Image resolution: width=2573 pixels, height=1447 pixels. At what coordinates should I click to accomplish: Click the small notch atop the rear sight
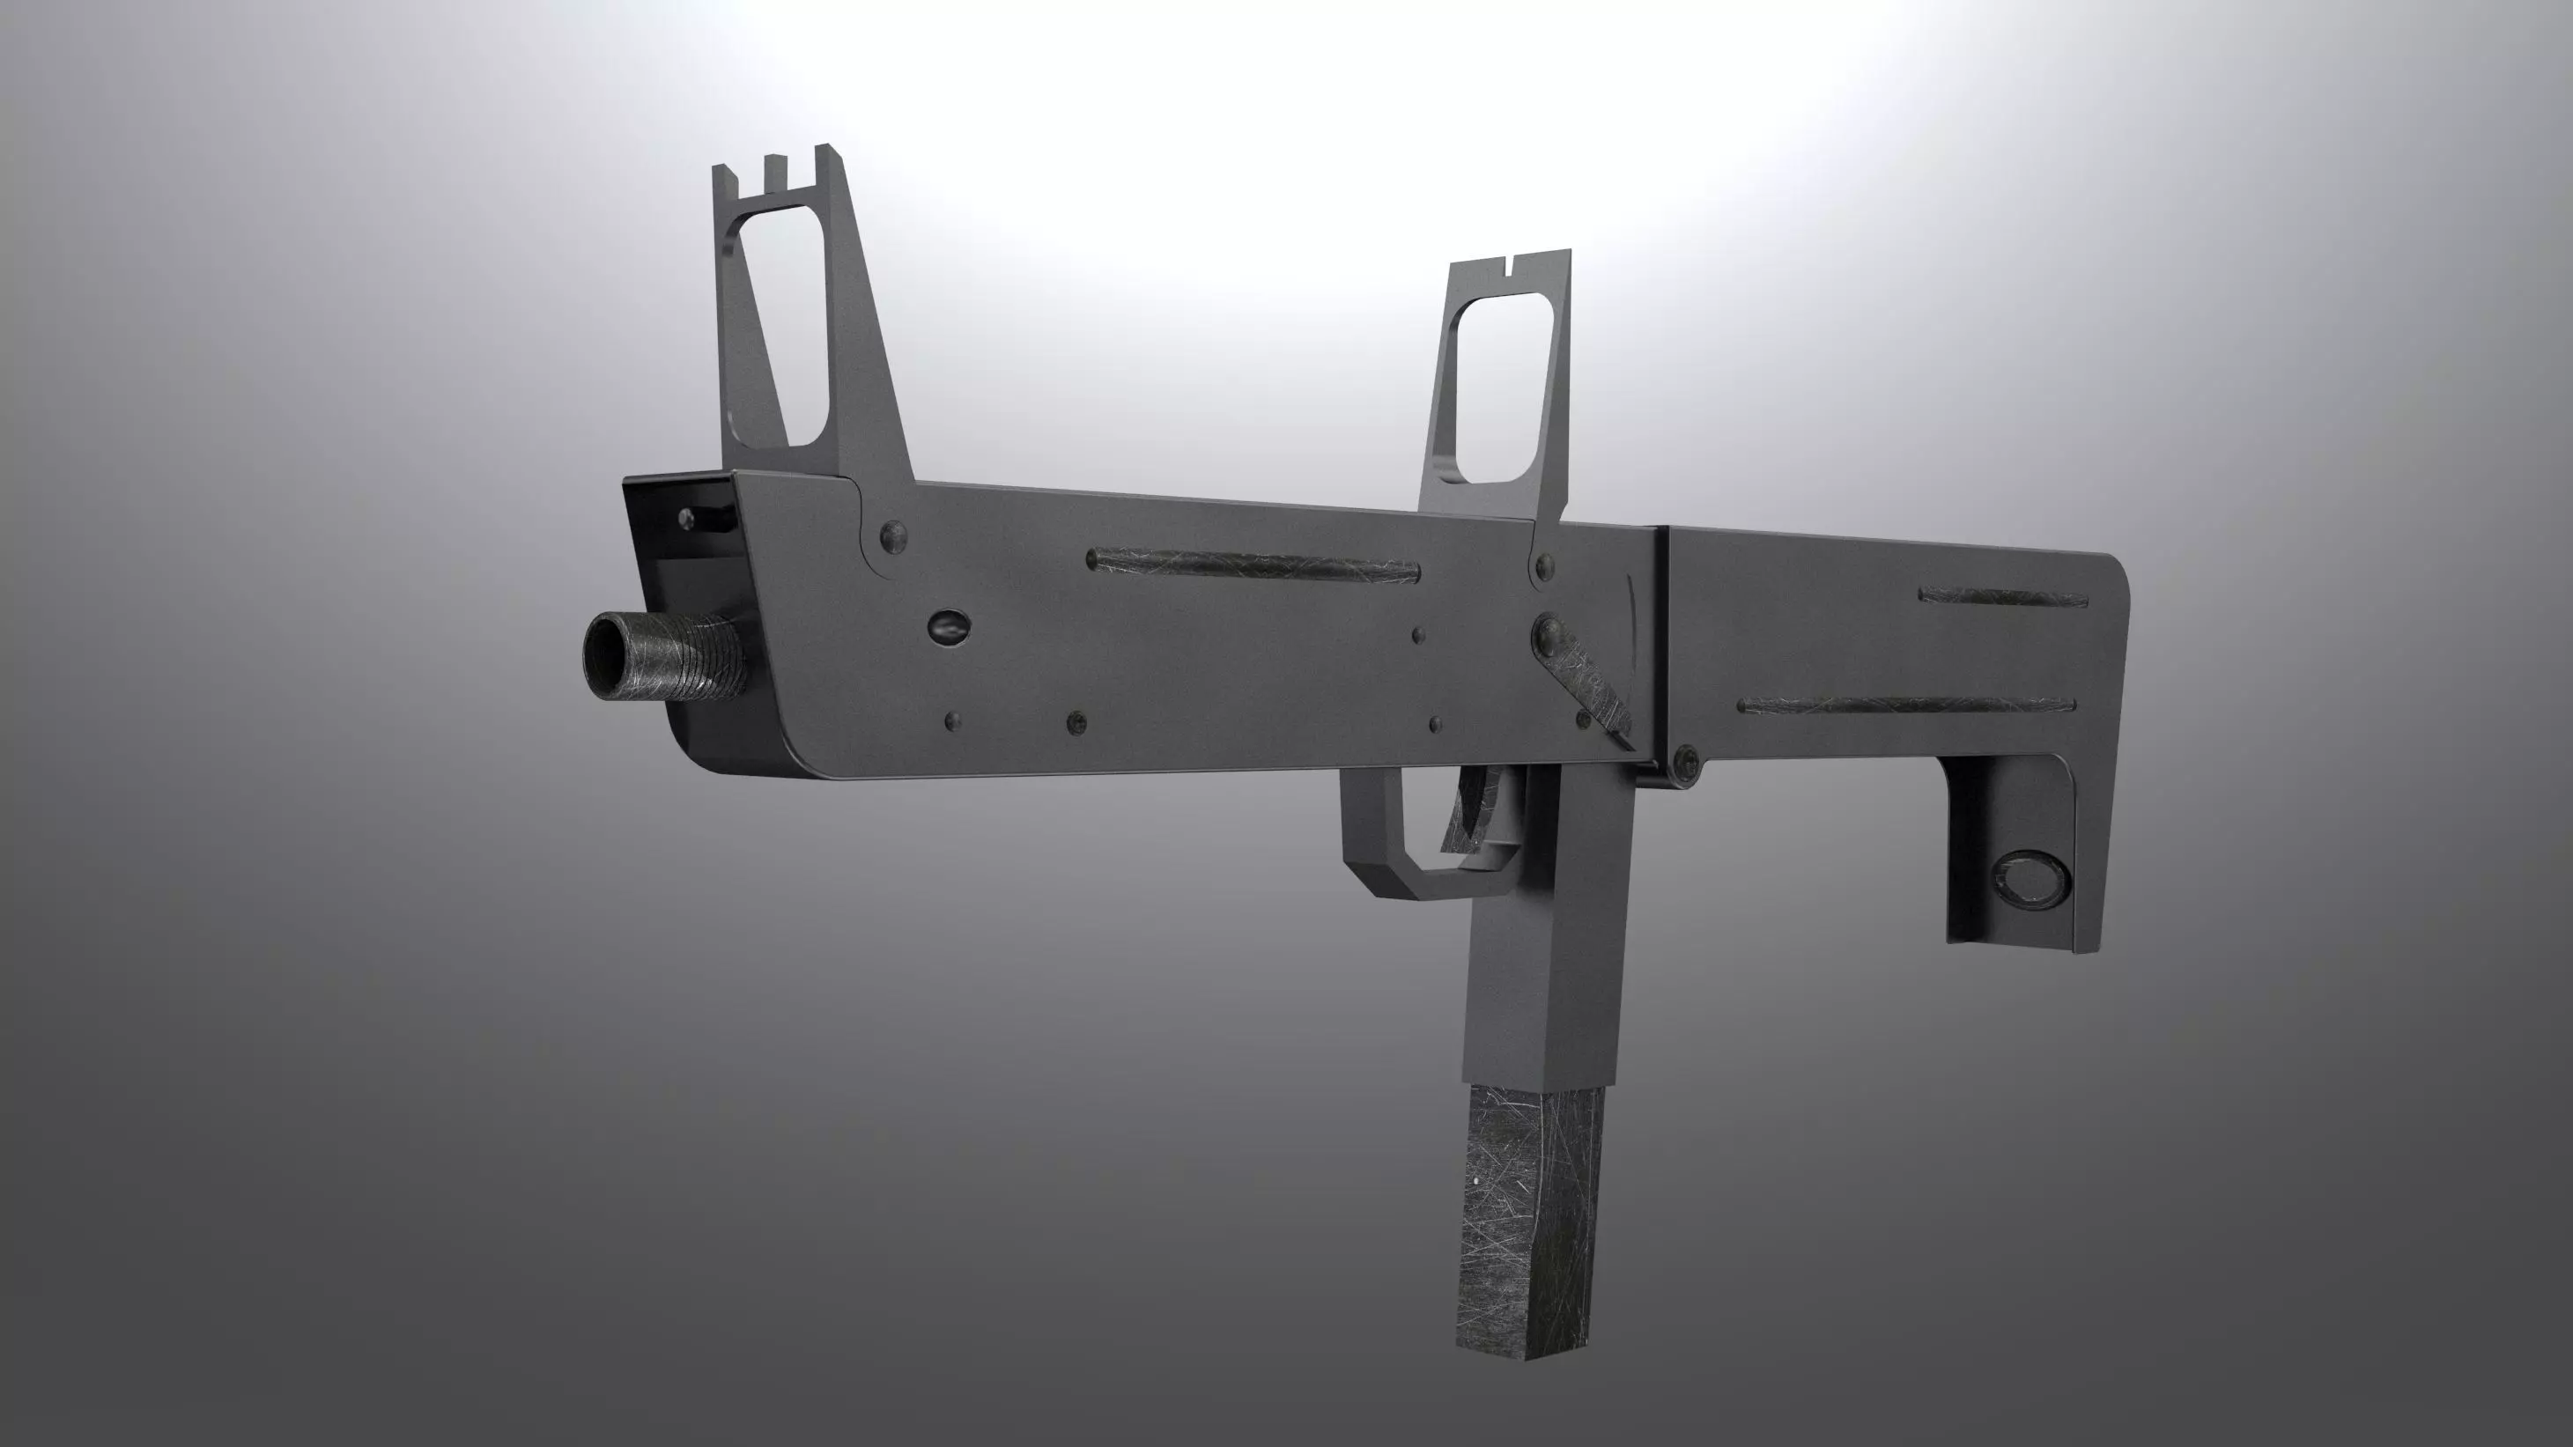pos(1508,267)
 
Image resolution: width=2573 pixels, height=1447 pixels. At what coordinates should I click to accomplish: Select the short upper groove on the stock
pos(2003,597)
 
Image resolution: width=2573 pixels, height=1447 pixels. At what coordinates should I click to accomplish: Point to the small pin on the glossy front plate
pos(687,517)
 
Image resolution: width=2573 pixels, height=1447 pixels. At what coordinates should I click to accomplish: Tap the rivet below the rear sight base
pos(1544,566)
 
